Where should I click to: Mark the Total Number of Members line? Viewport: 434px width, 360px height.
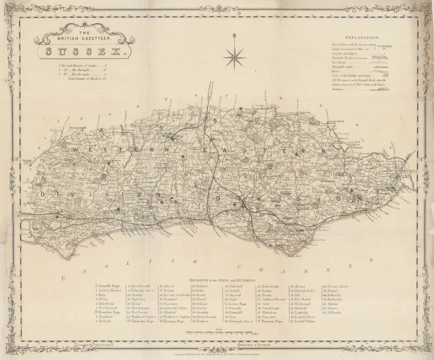tap(87, 78)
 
